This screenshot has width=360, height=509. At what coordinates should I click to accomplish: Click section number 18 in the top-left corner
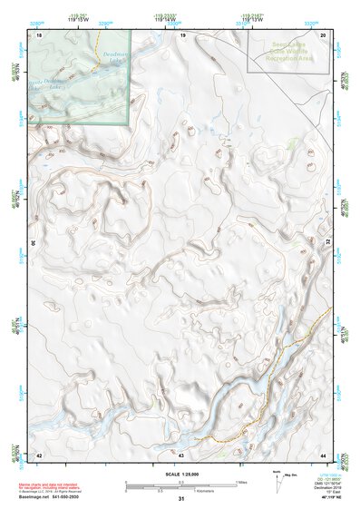(40, 34)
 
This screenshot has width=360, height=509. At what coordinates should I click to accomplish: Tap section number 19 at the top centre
(182, 34)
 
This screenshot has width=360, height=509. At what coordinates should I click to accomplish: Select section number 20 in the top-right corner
(324, 34)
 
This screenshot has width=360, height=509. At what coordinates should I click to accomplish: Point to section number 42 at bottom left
(39, 454)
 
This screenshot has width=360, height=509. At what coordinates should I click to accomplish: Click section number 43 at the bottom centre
(181, 454)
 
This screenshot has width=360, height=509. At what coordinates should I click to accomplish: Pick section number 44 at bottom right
(324, 454)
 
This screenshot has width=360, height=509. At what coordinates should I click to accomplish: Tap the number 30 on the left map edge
(35, 243)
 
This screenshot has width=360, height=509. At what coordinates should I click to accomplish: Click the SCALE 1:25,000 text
(180, 474)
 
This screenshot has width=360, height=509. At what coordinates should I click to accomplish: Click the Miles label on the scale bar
(241, 482)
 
